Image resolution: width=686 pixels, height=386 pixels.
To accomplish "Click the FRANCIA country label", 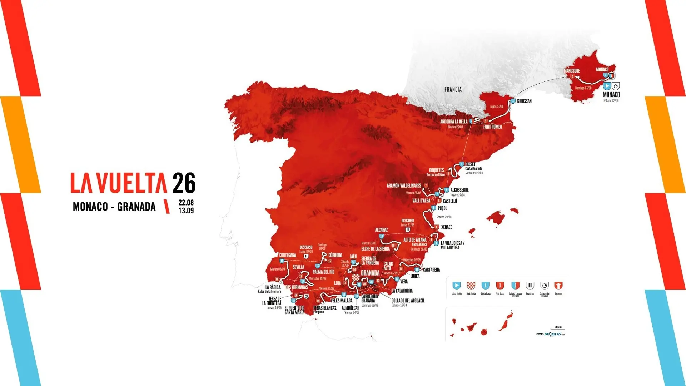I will [x=453, y=90].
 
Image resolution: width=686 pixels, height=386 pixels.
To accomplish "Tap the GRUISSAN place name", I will [x=524, y=101].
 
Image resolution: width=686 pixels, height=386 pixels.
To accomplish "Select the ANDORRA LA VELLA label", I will [x=453, y=122].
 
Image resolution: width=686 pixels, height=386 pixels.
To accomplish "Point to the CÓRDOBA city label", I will [x=335, y=255].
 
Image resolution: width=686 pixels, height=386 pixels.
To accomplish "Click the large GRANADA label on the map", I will [x=370, y=273].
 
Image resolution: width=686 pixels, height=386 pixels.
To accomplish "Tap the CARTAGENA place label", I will [x=431, y=270].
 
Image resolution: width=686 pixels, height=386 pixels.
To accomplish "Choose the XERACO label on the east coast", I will [x=447, y=227].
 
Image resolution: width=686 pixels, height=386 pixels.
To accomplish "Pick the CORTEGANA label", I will [x=288, y=255].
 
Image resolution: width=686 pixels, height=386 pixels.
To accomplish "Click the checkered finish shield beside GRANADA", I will [x=356, y=278].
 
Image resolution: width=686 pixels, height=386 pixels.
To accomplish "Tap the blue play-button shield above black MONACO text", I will [x=607, y=86].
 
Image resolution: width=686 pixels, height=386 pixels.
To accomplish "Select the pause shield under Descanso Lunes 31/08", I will [x=407, y=229].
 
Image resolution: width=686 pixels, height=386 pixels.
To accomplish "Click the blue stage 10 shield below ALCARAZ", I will [x=381, y=236].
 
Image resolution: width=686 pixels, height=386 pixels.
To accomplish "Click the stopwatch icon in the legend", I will [x=544, y=286].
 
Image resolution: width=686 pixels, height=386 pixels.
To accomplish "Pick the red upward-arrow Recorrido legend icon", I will [x=558, y=286].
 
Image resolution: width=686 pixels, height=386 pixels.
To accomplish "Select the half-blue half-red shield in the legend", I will [x=515, y=286].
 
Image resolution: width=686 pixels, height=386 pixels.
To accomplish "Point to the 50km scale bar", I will [x=558, y=329].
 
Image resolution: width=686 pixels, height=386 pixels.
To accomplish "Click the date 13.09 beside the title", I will [x=186, y=211].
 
